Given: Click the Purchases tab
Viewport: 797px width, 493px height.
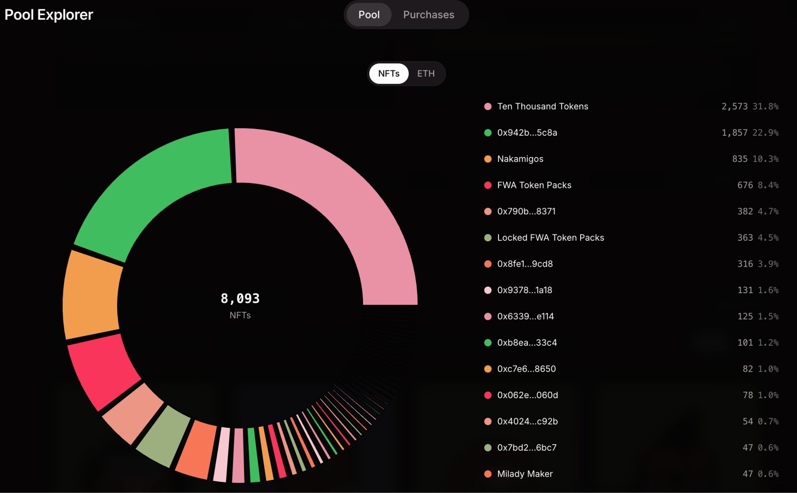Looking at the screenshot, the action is click(428, 15).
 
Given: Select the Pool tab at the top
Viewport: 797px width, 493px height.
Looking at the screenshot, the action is click(369, 15).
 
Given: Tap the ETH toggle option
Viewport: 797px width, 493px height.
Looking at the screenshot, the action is click(426, 73).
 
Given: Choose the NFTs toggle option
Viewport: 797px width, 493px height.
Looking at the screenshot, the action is click(389, 73).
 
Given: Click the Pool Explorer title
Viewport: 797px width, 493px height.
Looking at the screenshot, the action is click(49, 15).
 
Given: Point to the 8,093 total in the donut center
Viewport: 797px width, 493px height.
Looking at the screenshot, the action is click(240, 298).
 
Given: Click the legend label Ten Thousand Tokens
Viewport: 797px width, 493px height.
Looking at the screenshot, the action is click(542, 107).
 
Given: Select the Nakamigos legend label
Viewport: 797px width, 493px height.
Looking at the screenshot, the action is click(520, 159).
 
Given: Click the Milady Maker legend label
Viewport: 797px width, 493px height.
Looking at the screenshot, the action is click(525, 474).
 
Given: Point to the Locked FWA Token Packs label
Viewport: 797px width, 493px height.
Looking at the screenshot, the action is click(551, 238).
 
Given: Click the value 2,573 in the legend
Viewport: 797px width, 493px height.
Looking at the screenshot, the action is click(734, 107).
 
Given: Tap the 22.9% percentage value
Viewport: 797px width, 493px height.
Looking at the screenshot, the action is click(765, 133).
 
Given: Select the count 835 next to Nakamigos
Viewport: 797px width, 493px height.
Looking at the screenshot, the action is click(740, 159).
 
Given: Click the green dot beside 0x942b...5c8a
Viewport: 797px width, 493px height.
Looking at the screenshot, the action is click(488, 133).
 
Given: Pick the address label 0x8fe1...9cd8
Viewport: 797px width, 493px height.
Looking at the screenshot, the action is click(525, 264).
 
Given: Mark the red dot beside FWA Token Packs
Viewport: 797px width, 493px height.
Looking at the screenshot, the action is click(488, 185).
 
